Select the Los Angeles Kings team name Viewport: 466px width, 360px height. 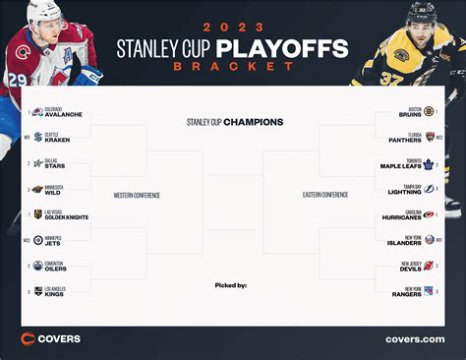(55, 291)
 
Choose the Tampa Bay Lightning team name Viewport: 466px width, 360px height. (403, 189)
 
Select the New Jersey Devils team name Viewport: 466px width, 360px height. (406, 266)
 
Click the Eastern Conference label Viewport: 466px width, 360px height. (324, 195)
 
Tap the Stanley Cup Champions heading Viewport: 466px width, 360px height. (234, 123)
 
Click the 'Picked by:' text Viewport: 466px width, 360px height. (230, 285)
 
